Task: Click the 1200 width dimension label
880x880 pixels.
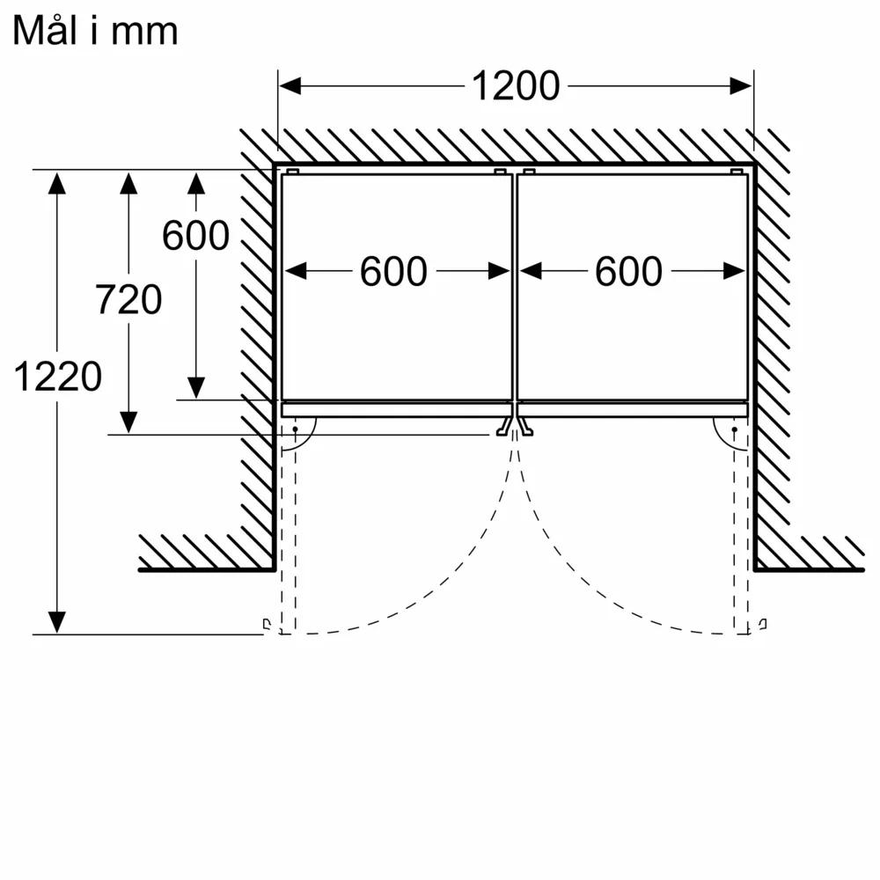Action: (516, 86)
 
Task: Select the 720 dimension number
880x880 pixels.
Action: (128, 299)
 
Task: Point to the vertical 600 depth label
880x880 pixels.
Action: (196, 235)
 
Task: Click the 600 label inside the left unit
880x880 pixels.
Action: (393, 272)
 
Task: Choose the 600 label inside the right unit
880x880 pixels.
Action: (628, 272)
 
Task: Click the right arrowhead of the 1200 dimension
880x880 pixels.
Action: (740, 86)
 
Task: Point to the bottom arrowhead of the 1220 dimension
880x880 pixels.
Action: (56, 622)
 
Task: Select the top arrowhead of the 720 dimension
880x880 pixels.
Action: (128, 183)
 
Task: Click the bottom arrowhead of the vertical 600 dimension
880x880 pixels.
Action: (196, 388)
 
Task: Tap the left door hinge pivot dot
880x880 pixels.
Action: (295, 429)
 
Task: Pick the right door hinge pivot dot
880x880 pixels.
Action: (734, 429)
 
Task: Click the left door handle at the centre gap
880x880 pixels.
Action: (504, 426)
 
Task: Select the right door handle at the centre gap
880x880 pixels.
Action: (524, 426)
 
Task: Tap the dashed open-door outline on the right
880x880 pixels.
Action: (741, 533)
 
